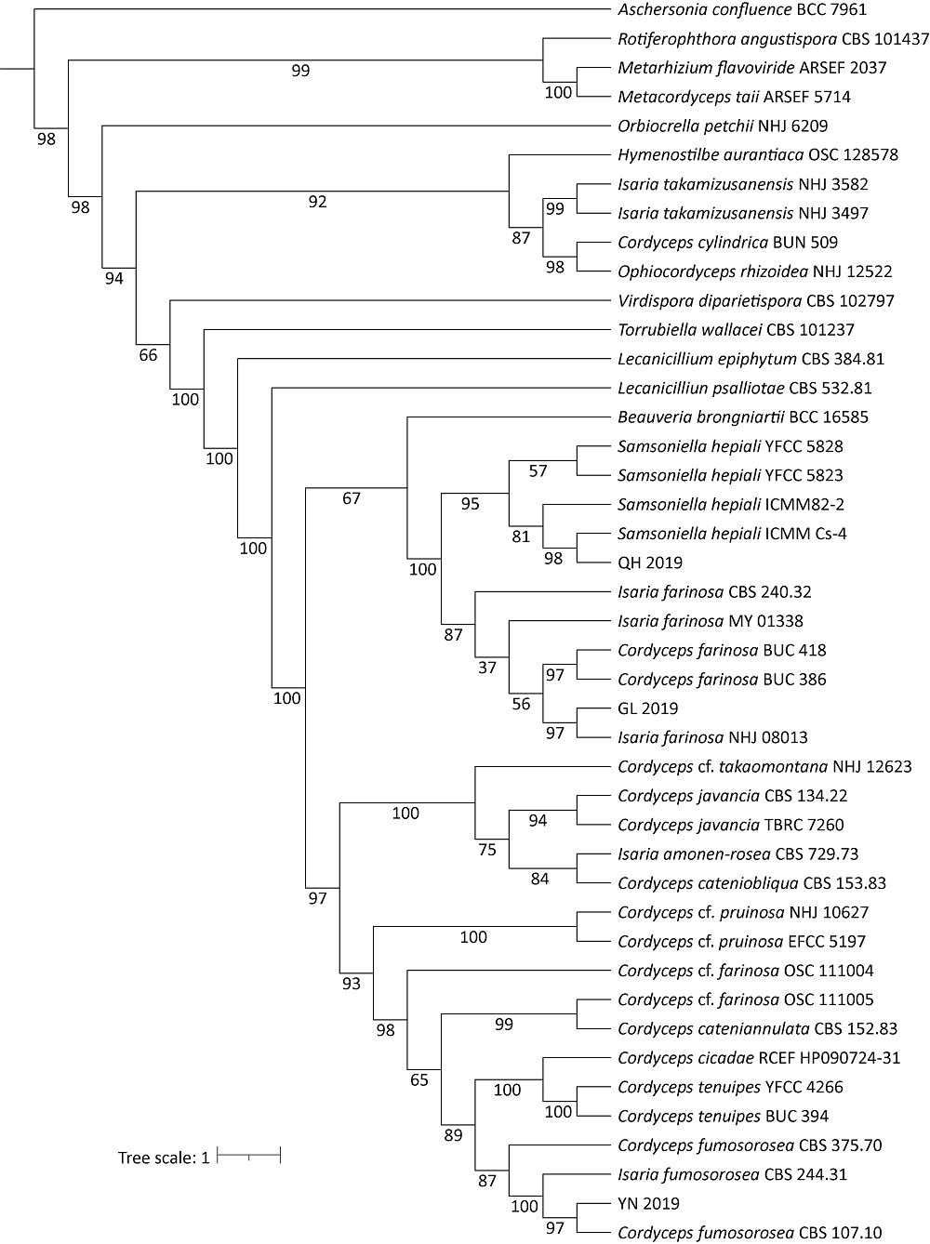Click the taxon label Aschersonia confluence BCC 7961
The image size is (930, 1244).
(x=742, y=10)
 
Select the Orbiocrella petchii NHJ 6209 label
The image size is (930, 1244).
(x=723, y=126)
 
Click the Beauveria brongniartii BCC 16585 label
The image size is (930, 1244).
(x=743, y=417)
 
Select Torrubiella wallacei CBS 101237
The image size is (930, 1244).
(x=736, y=330)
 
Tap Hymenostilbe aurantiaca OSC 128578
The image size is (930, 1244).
(x=758, y=154)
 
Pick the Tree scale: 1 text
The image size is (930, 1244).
(x=164, y=1158)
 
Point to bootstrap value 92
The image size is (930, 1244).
(x=318, y=201)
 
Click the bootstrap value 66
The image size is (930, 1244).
(x=149, y=354)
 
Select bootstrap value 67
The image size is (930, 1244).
(x=352, y=498)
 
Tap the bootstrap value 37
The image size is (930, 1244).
(x=487, y=667)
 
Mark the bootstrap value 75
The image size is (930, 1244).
(x=487, y=849)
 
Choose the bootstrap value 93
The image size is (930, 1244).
(x=351, y=983)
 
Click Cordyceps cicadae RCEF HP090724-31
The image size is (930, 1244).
(x=759, y=1058)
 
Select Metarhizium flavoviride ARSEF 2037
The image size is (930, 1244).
(x=751, y=68)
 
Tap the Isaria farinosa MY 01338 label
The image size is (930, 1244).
(x=710, y=621)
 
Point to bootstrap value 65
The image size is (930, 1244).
(x=420, y=1079)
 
